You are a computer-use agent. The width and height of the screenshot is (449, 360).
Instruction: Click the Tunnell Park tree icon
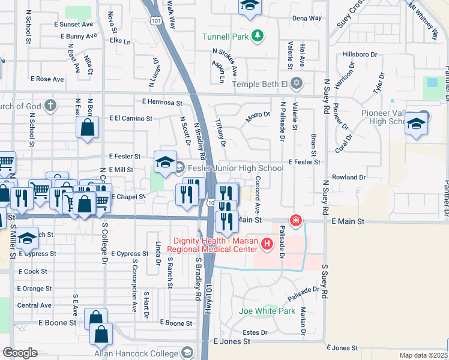pyautogui.click(x=258, y=37)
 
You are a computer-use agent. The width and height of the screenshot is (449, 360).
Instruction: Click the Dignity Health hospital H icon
pyautogui.click(x=267, y=244)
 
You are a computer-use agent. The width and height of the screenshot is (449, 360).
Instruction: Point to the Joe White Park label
pyautogui.click(x=267, y=311)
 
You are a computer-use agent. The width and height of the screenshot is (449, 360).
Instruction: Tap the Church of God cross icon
pyautogui.click(x=50, y=106)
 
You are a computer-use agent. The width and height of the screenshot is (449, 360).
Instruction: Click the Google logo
pyautogui.click(x=19, y=353)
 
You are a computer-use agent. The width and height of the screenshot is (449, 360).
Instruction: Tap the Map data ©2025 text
pyautogui.click(x=423, y=355)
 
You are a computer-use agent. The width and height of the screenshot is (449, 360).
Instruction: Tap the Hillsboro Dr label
pyautogui.click(x=360, y=54)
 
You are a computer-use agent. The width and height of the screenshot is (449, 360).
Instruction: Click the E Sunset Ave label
pyautogui.click(x=73, y=25)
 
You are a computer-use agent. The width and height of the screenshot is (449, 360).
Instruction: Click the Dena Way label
pyautogui.click(x=307, y=19)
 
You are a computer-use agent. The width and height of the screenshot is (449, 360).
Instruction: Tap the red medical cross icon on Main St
pyautogui.click(x=295, y=221)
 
